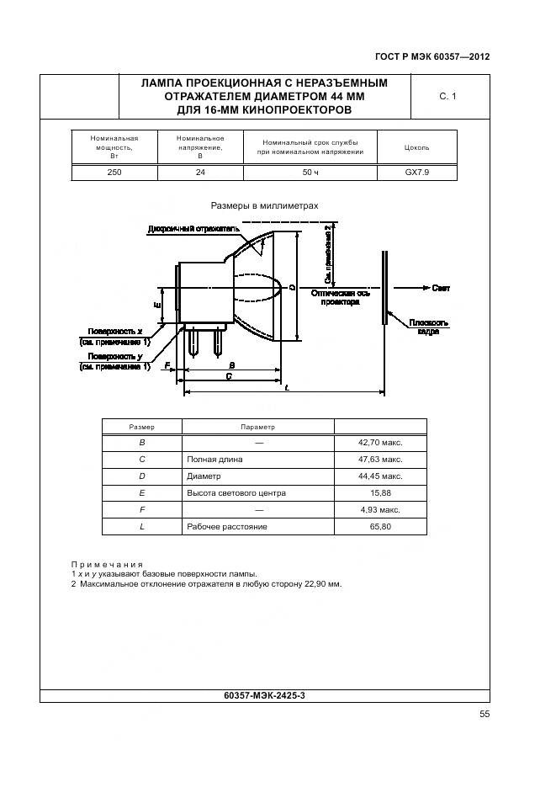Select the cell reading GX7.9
[x=416, y=172]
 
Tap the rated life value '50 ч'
[x=310, y=172]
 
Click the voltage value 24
[x=199, y=172]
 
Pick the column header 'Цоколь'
[x=416, y=147]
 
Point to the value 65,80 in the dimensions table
[x=379, y=527]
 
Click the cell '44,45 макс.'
[x=379, y=476]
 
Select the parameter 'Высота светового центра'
[x=236, y=493]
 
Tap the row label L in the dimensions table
[x=142, y=527]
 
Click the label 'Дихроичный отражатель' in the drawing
[x=193, y=228]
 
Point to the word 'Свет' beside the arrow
[x=442, y=288]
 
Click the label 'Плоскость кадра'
[x=429, y=327]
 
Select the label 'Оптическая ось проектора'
[x=340, y=297]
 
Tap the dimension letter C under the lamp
[x=229, y=377]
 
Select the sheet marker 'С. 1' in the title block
[x=447, y=98]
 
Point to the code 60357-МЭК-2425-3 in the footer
[x=264, y=695]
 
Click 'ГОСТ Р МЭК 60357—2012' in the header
[x=432, y=57]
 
